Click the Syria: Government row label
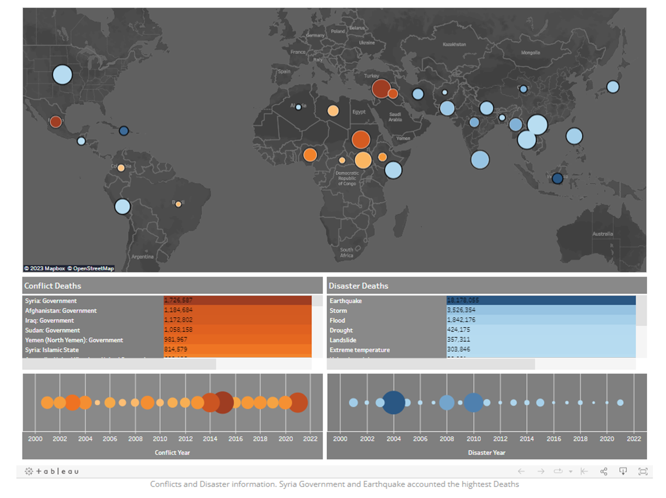tap(51, 301)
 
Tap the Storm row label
tap(338, 311)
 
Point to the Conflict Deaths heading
tap(52, 286)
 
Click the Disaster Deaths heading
tap(358, 286)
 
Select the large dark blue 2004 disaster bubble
tap(393, 403)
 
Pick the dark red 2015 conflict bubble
tap(223, 403)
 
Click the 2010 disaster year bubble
tap(473, 403)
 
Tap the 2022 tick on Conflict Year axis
tap(310, 439)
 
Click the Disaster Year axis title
tap(486, 452)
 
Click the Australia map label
tap(602, 235)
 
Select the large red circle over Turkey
tap(381, 88)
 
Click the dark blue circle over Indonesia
tap(557, 179)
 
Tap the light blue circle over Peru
tap(122, 206)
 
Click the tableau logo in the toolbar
tap(52, 471)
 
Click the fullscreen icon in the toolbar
tap(642, 471)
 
